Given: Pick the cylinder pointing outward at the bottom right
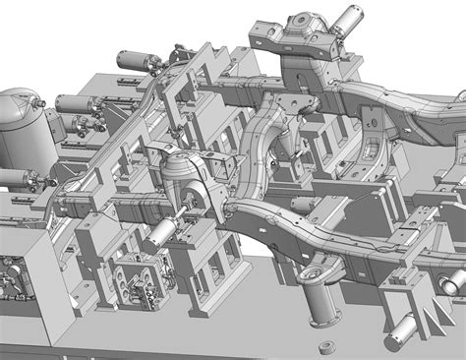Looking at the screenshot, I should coord(404,304).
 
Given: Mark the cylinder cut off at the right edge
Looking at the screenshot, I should coord(453,254).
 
